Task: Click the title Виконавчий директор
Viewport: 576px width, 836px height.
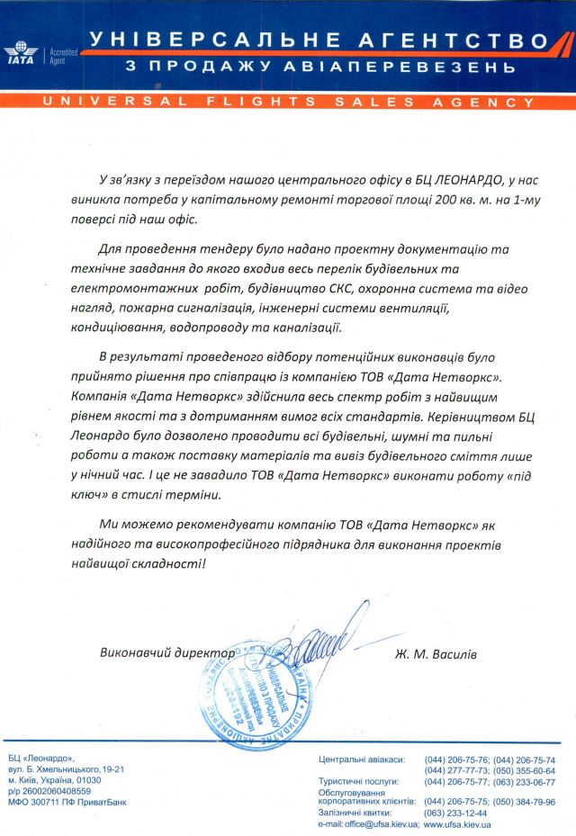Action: pyautogui.click(x=167, y=652)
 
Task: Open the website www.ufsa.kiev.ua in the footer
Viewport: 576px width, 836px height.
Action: pyautogui.click(x=456, y=823)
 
